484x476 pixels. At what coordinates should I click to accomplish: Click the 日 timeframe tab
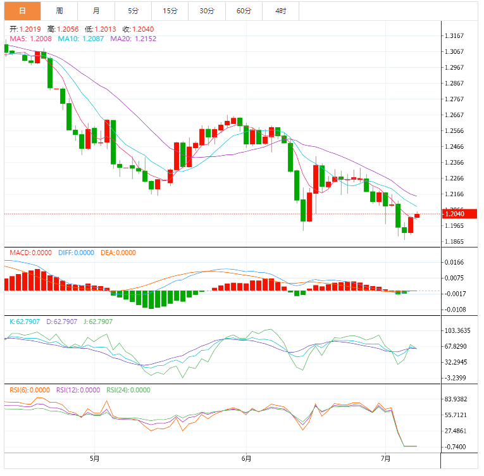coord(22,11)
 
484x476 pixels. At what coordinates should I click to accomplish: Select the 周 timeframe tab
coord(59,11)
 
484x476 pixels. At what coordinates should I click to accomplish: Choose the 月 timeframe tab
coord(96,11)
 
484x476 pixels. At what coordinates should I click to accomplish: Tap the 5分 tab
coord(133,11)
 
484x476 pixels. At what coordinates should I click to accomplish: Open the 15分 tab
coord(170,11)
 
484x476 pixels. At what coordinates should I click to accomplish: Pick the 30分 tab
coord(207,11)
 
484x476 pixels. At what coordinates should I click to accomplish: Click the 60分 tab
coord(244,11)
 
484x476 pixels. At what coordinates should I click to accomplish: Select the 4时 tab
coord(280,11)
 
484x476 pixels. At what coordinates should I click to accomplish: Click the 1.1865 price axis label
coord(455,242)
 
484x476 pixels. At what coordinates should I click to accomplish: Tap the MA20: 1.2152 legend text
coord(133,39)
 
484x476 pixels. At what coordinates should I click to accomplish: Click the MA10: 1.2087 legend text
coord(81,39)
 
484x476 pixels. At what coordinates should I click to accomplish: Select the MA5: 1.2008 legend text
coord(30,39)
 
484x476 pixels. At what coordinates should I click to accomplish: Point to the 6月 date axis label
coord(246,458)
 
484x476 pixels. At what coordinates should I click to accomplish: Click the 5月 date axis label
coord(94,458)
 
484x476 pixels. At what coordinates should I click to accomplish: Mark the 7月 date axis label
coord(386,458)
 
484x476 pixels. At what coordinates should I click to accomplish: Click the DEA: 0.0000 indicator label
coord(118,253)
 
